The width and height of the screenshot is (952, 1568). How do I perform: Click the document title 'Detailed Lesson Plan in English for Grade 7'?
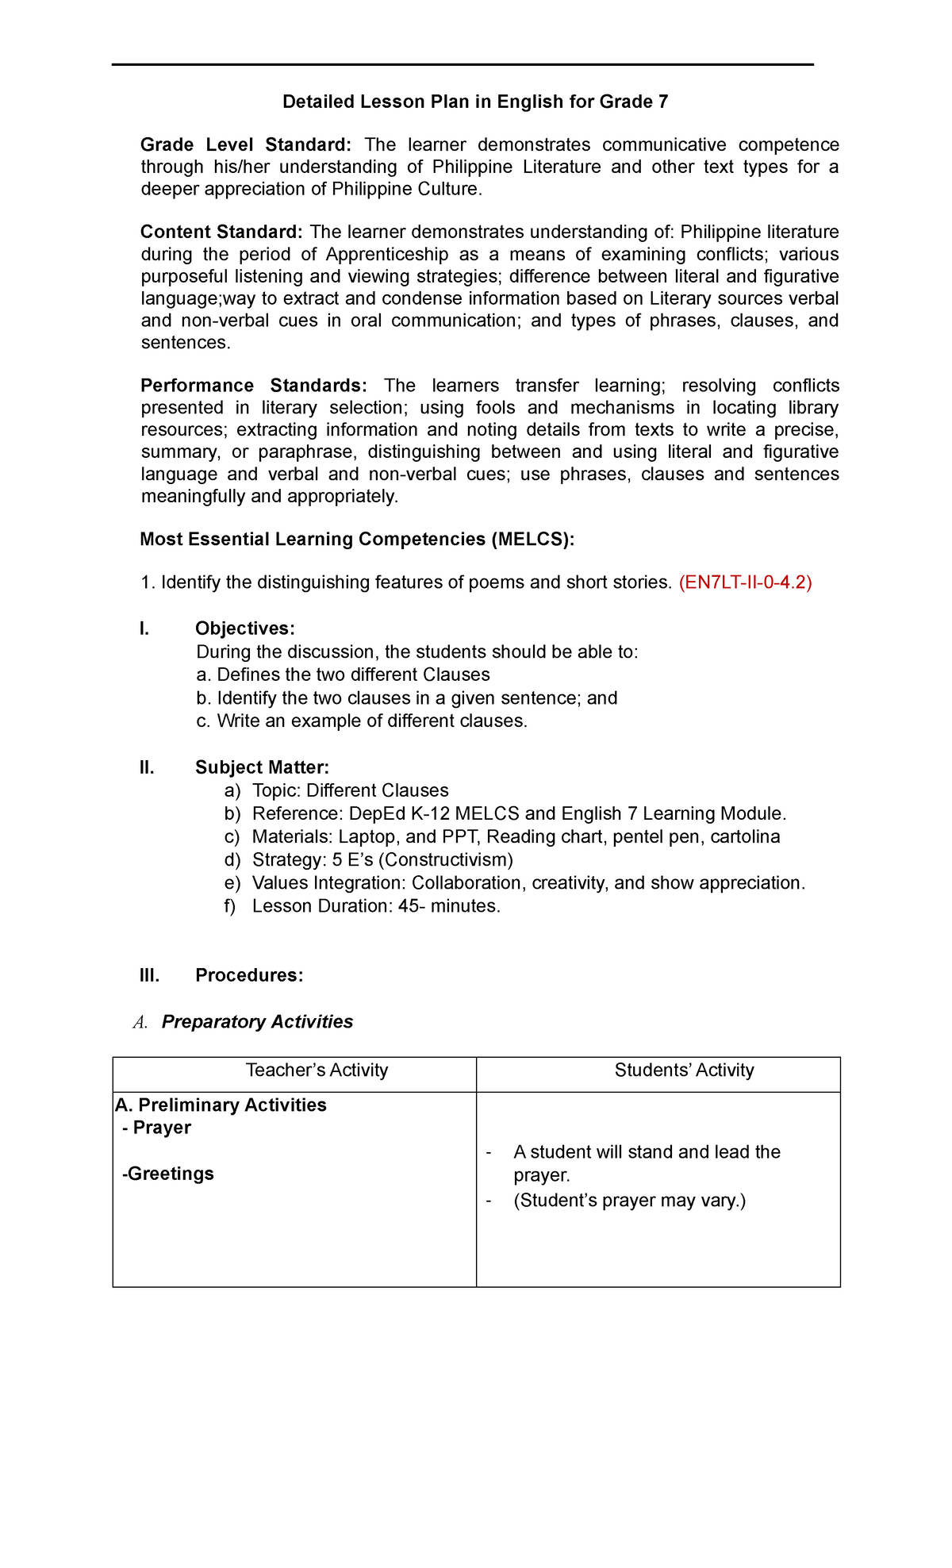(x=475, y=102)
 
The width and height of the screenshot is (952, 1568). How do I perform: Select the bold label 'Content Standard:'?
(x=221, y=232)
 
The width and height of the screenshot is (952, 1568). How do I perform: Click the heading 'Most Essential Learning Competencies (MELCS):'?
(x=357, y=540)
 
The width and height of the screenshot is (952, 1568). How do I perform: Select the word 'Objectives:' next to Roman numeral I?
(x=245, y=628)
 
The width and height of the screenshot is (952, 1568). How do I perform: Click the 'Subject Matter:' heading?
(x=262, y=767)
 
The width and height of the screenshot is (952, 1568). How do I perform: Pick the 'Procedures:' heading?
(x=249, y=975)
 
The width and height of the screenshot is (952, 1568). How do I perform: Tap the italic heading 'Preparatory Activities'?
(x=257, y=1022)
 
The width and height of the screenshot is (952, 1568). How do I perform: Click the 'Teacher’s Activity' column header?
(x=317, y=1070)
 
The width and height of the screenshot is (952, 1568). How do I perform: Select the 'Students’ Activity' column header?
(x=684, y=1070)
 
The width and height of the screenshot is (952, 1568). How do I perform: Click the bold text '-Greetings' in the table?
(x=168, y=1174)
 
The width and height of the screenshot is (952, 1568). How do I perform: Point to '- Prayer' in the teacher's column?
(x=157, y=1128)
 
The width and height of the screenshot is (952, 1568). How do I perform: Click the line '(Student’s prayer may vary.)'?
(x=630, y=1201)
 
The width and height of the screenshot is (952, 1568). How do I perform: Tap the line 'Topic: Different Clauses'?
(x=350, y=790)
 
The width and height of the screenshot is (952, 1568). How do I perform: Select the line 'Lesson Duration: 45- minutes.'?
(x=376, y=906)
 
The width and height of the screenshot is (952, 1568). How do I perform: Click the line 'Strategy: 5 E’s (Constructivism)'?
(x=382, y=860)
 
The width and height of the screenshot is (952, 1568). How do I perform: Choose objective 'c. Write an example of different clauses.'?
(x=362, y=721)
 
